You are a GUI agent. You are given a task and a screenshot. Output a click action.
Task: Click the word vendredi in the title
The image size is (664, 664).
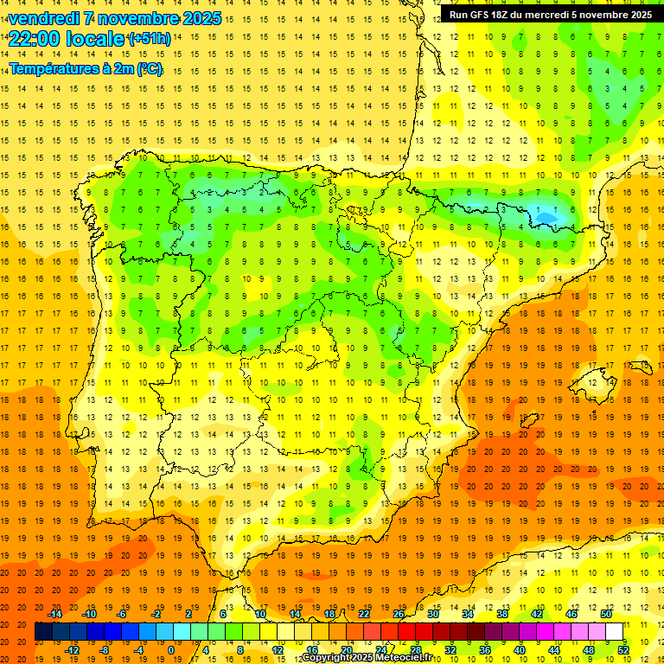coord(44,18)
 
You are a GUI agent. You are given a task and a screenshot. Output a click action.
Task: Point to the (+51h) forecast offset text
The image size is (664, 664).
coord(149,39)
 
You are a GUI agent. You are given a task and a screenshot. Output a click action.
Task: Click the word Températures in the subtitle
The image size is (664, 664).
coord(53,68)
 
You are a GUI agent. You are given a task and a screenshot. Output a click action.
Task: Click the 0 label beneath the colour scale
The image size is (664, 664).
coord(171,650)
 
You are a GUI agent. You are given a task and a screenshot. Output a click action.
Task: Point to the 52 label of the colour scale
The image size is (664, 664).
coord(623,650)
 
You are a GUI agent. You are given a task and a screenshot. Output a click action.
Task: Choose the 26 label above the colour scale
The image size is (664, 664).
coord(399,613)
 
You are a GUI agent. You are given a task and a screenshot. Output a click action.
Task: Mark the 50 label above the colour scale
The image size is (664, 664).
coord(606,613)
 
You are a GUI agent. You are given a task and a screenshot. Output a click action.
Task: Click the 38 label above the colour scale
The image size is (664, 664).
coord(502,613)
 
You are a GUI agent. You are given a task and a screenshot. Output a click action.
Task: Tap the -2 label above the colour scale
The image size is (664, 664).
coord(156,613)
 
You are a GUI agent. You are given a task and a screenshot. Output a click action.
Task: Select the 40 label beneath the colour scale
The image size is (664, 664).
coord(520,650)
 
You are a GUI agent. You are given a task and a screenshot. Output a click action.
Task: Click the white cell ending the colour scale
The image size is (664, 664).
coord(615,632)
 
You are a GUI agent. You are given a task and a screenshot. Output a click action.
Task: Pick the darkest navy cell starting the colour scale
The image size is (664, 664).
coord(43,632)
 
